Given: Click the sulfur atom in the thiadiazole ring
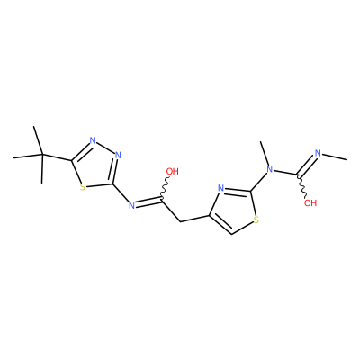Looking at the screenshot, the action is pos(83,187).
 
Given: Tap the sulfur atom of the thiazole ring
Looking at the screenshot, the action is pos(256,220).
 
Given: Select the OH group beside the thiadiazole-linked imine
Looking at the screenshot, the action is pos(172,172).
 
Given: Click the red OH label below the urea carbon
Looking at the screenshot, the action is pos(310,203).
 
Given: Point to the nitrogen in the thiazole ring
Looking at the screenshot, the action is pos(221,189).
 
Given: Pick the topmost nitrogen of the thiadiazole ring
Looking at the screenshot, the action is pos(93,140).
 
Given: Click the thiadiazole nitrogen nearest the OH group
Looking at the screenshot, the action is pos(118,156).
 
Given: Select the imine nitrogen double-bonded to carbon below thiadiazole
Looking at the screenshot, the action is pos(131,205).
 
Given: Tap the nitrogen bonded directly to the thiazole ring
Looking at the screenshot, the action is pos(270,169).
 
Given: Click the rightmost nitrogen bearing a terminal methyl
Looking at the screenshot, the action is pos(318,154).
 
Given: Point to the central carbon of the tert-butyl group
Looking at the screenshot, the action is pos(42,155).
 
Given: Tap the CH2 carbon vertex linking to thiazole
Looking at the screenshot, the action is pos(181,221).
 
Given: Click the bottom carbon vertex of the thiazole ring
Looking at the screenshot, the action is pos(231,234).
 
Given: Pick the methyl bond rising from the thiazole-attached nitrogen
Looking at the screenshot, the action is pos(264,153).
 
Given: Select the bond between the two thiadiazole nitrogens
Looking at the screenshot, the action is pos(105,148).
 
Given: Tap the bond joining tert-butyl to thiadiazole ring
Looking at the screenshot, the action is pos(57,157).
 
